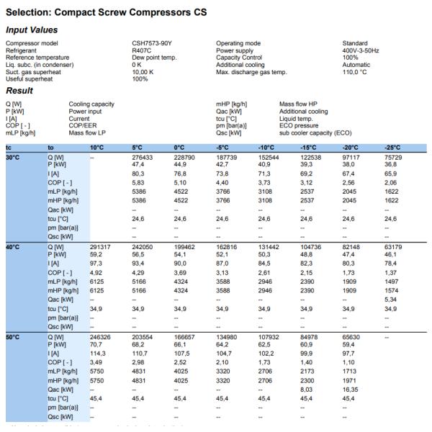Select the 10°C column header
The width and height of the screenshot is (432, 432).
tap(97, 148)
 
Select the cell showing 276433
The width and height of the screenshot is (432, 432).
tap(143, 157)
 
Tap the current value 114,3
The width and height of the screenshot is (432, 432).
tap(98, 352)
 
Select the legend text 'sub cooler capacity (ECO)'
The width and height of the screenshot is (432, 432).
tap(315, 132)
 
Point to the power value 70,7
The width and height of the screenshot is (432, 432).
tap(96, 345)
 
